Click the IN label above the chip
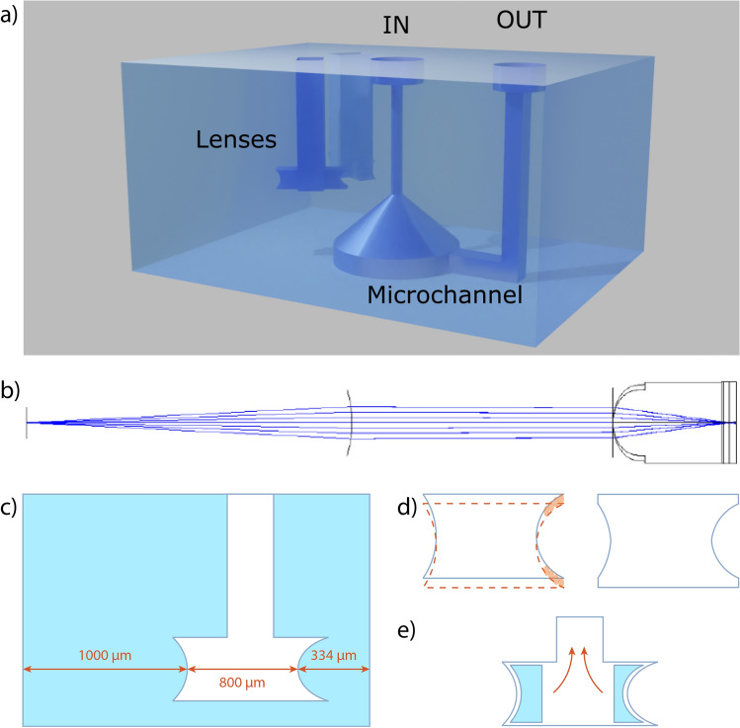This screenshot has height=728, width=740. [395, 25]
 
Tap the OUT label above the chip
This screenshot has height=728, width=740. [522, 21]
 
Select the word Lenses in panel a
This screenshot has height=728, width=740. [236, 139]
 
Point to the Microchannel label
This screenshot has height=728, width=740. [445, 295]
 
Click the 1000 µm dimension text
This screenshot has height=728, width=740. [105, 655]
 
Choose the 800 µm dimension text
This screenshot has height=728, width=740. [242, 683]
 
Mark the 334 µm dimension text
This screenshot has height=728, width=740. [333, 655]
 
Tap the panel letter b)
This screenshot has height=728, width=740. [10, 391]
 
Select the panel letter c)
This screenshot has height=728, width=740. [9, 507]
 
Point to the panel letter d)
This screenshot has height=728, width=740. [407, 507]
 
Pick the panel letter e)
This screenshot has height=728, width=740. [406, 630]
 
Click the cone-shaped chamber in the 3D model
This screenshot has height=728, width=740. [395, 236]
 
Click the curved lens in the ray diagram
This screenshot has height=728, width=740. [350, 422]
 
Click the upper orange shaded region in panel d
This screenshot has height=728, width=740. [556, 505]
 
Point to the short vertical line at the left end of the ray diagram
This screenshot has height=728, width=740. [27, 422]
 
